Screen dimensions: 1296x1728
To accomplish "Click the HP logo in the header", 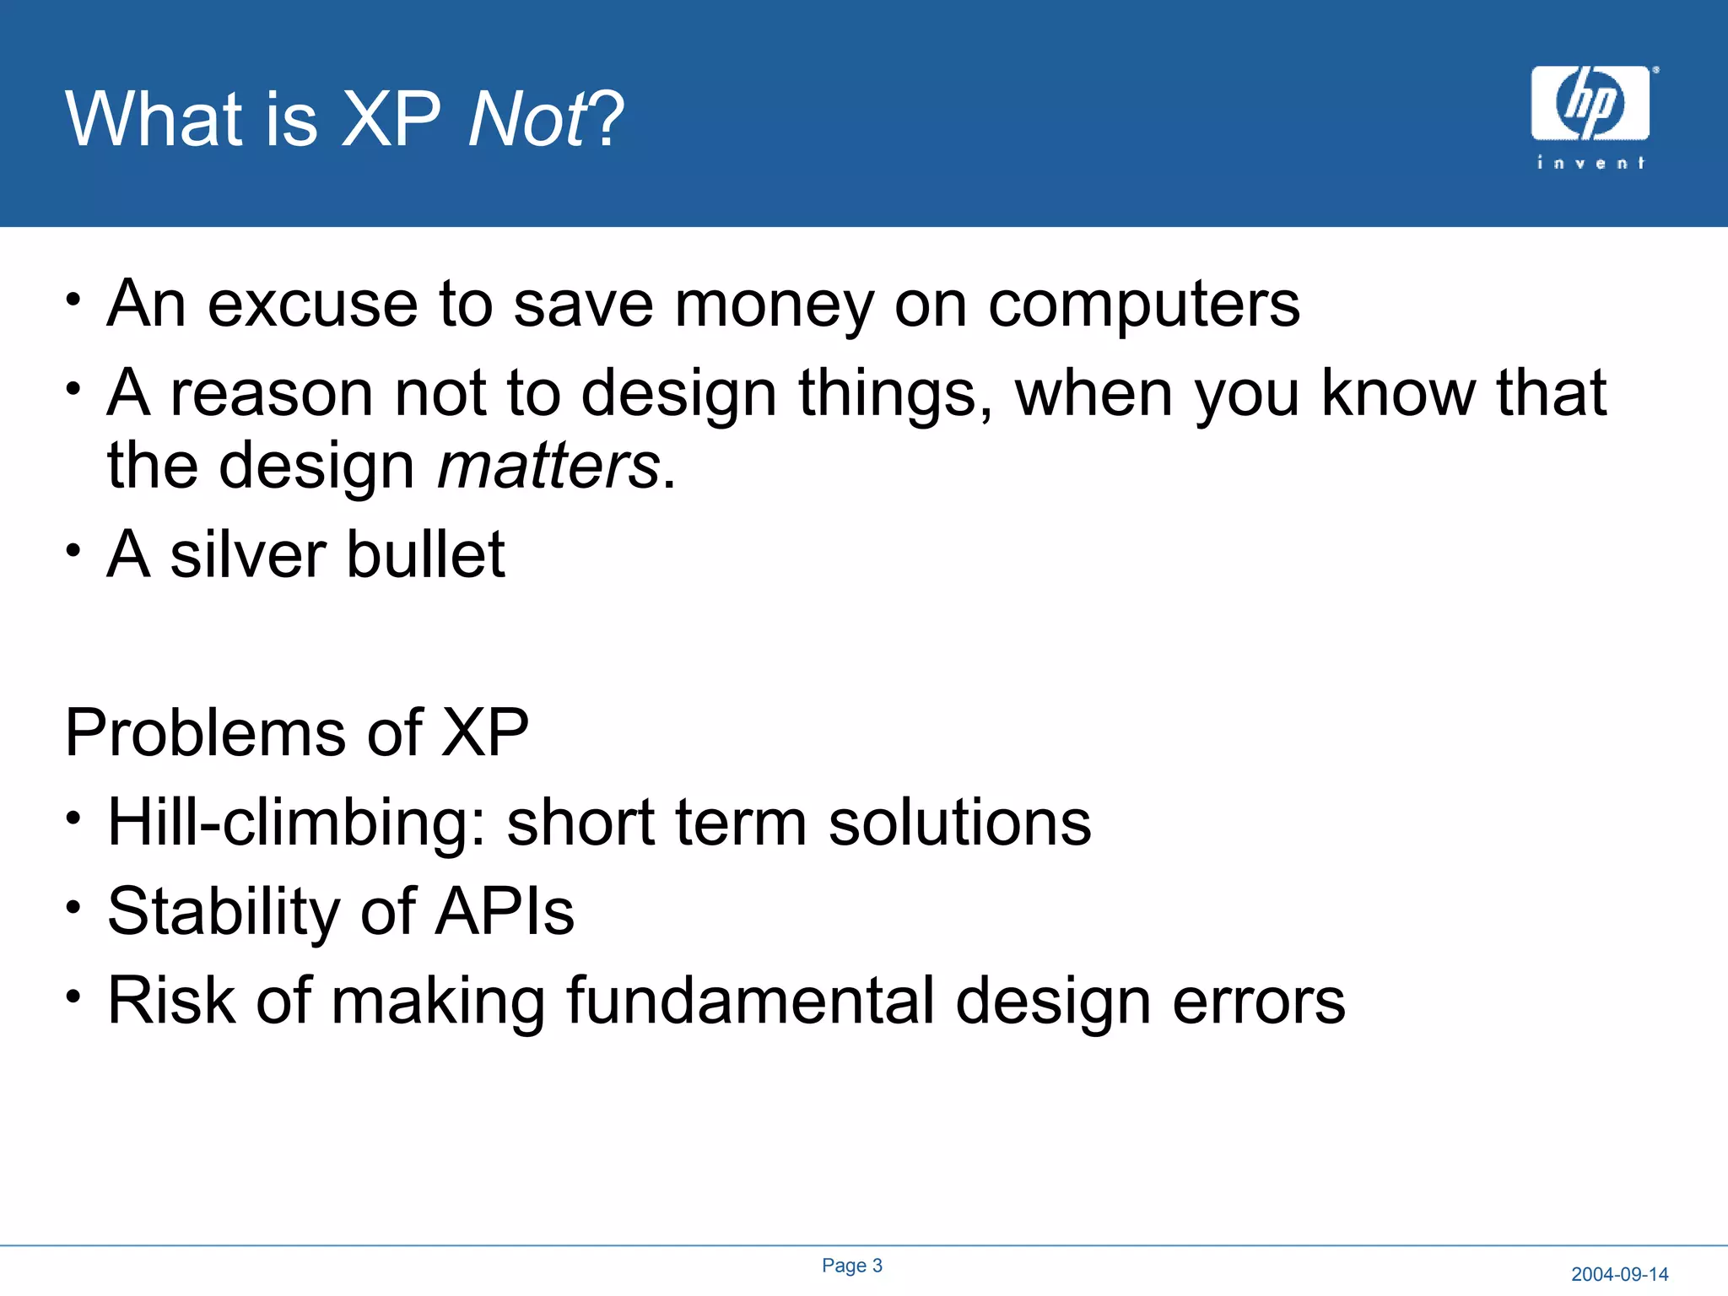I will coord(1590,103).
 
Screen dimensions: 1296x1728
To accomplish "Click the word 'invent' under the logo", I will coord(1590,163).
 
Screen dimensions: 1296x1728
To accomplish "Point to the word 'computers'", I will coord(1143,305).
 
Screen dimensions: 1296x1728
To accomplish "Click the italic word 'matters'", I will coord(548,467).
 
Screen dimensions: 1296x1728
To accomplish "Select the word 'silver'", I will coord(248,555).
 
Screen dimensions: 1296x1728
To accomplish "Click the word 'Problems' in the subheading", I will coord(205,732).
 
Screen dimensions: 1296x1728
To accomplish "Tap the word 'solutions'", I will coord(959,823).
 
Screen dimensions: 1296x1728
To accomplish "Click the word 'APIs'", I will coord(505,912).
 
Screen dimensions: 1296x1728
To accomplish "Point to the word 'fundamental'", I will coord(750,1001).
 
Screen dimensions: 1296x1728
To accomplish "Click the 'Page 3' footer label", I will coord(852,1266).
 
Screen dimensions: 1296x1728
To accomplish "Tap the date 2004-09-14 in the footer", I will coord(1619,1274).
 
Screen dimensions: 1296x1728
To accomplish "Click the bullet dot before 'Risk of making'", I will coord(74,996).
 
